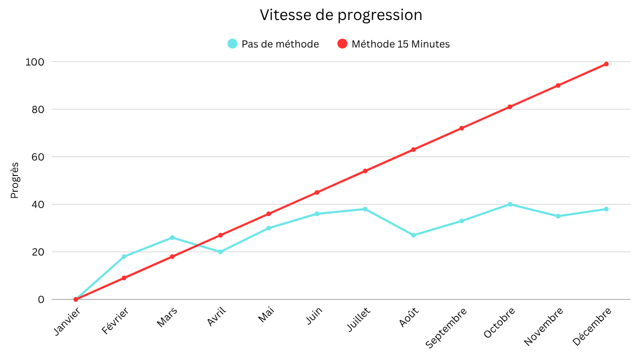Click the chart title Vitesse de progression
[x=340, y=15]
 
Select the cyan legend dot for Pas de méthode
[x=232, y=44]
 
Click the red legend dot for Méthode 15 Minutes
[x=342, y=44]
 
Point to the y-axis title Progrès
[x=14, y=180]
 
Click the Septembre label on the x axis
[x=446, y=327]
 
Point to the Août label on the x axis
[x=408, y=317]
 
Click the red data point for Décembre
[x=606, y=64]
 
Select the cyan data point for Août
[x=413, y=235]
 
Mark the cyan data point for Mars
[x=172, y=237]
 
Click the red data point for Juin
[x=317, y=192]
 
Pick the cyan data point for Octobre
[x=510, y=204]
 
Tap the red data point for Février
[x=124, y=278]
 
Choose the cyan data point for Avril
[x=220, y=252]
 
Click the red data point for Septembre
[x=461, y=128]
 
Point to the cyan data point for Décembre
[x=606, y=209]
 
